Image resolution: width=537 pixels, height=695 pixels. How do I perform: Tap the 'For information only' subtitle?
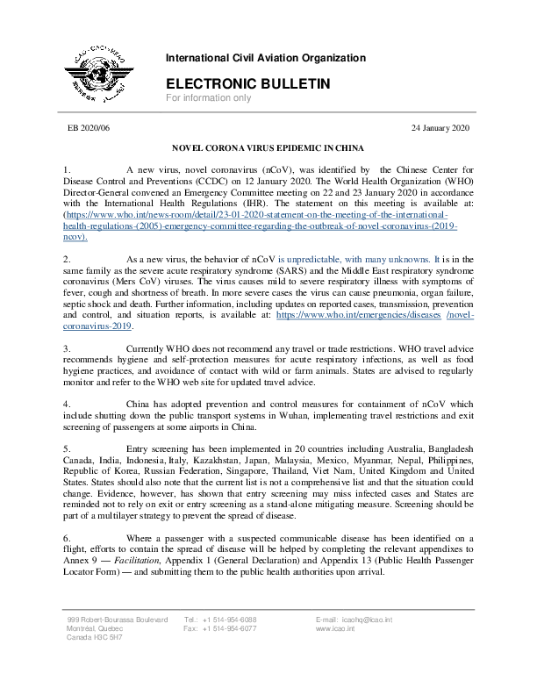pyautogui.click(x=209, y=98)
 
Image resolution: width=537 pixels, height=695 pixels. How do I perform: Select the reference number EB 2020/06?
pyautogui.click(x=91, y=128)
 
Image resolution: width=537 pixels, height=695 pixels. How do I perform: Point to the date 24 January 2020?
pyautogui.click(x=440, y=128)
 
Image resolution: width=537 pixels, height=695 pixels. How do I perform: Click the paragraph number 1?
pyautogui.click(x=67, y=167)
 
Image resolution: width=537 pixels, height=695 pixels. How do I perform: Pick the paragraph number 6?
pyautogui.click(x=67, y=537)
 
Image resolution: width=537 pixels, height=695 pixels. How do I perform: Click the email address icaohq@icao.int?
pyautogui.click(x=372, y=620)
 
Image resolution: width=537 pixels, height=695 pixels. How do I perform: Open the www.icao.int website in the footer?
pyautogui.click(x=335, y=629)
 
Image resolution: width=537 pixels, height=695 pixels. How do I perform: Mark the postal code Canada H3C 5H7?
pyautogui.click(x=96, y=639)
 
